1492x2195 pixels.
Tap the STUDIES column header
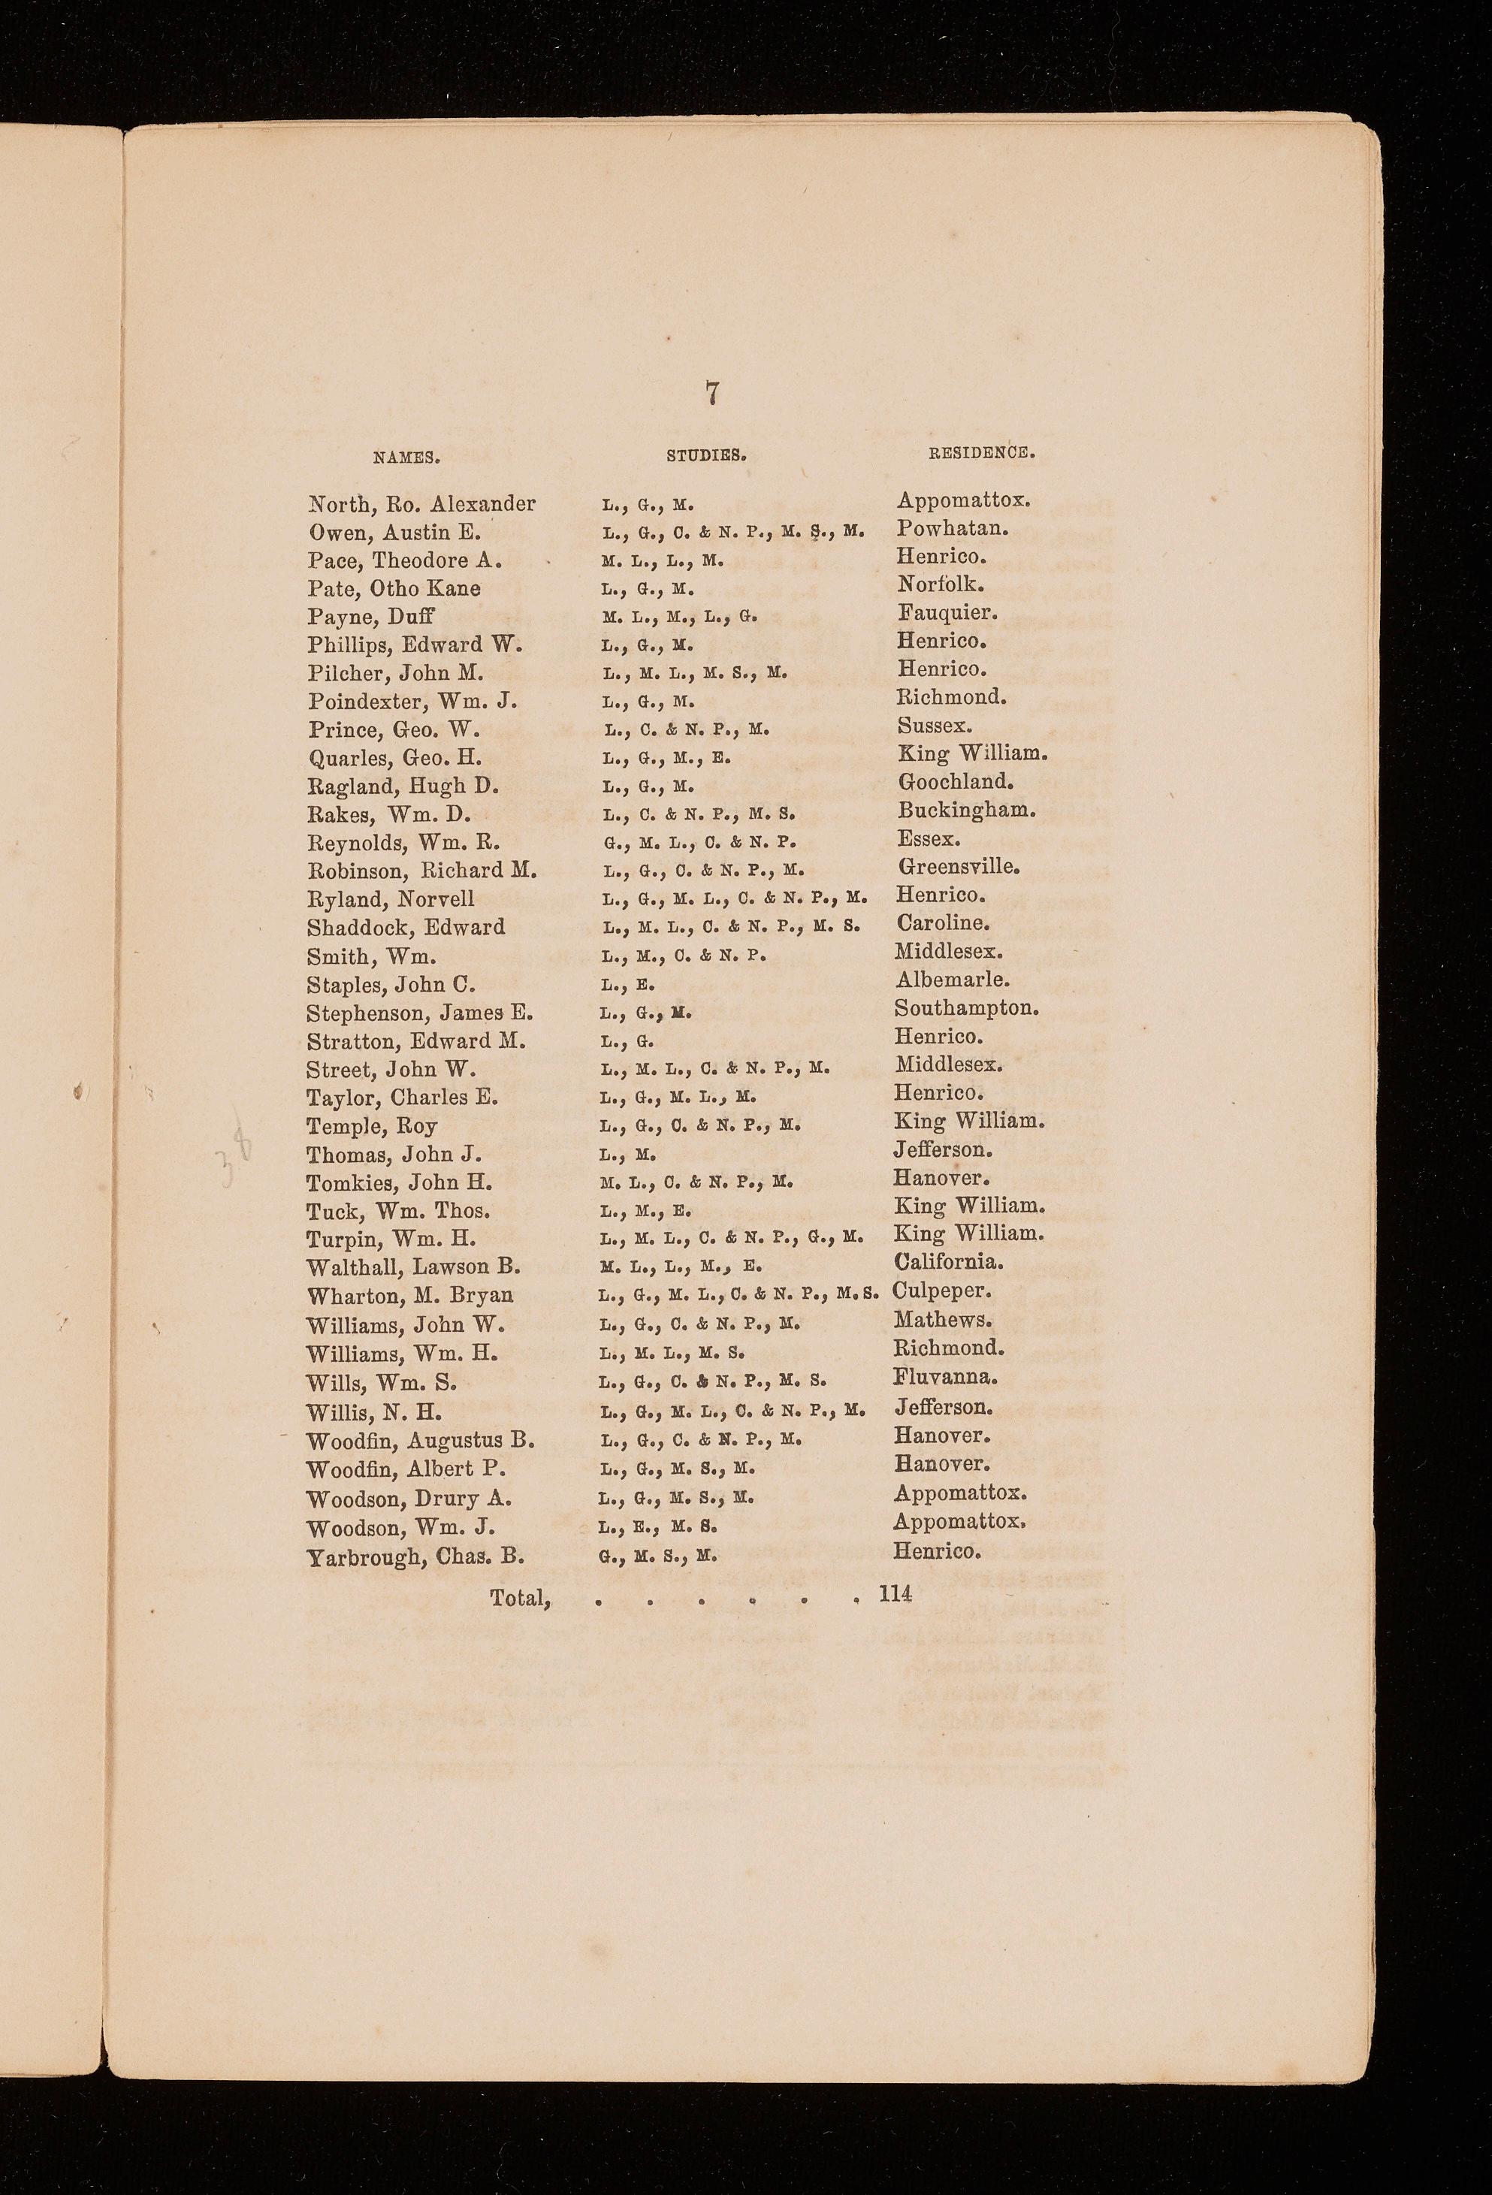coord(706,455)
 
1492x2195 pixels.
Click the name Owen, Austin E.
coord(394,532)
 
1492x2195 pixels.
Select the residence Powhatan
coord(952,528)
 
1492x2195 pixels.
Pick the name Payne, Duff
coord(370,617)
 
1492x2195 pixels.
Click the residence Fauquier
coord(946,613)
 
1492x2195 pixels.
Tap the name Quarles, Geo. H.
coord(394,759)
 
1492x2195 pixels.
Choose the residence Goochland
coord(955,782)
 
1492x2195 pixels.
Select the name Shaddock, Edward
coord(406,928)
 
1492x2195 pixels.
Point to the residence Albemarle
coord(952,980)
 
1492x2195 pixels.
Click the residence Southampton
coord(967,1008)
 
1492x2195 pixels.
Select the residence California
coord(948,1262)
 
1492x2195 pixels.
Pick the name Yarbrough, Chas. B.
coord(415,1557)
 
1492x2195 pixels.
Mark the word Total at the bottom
coord(519,1598)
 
